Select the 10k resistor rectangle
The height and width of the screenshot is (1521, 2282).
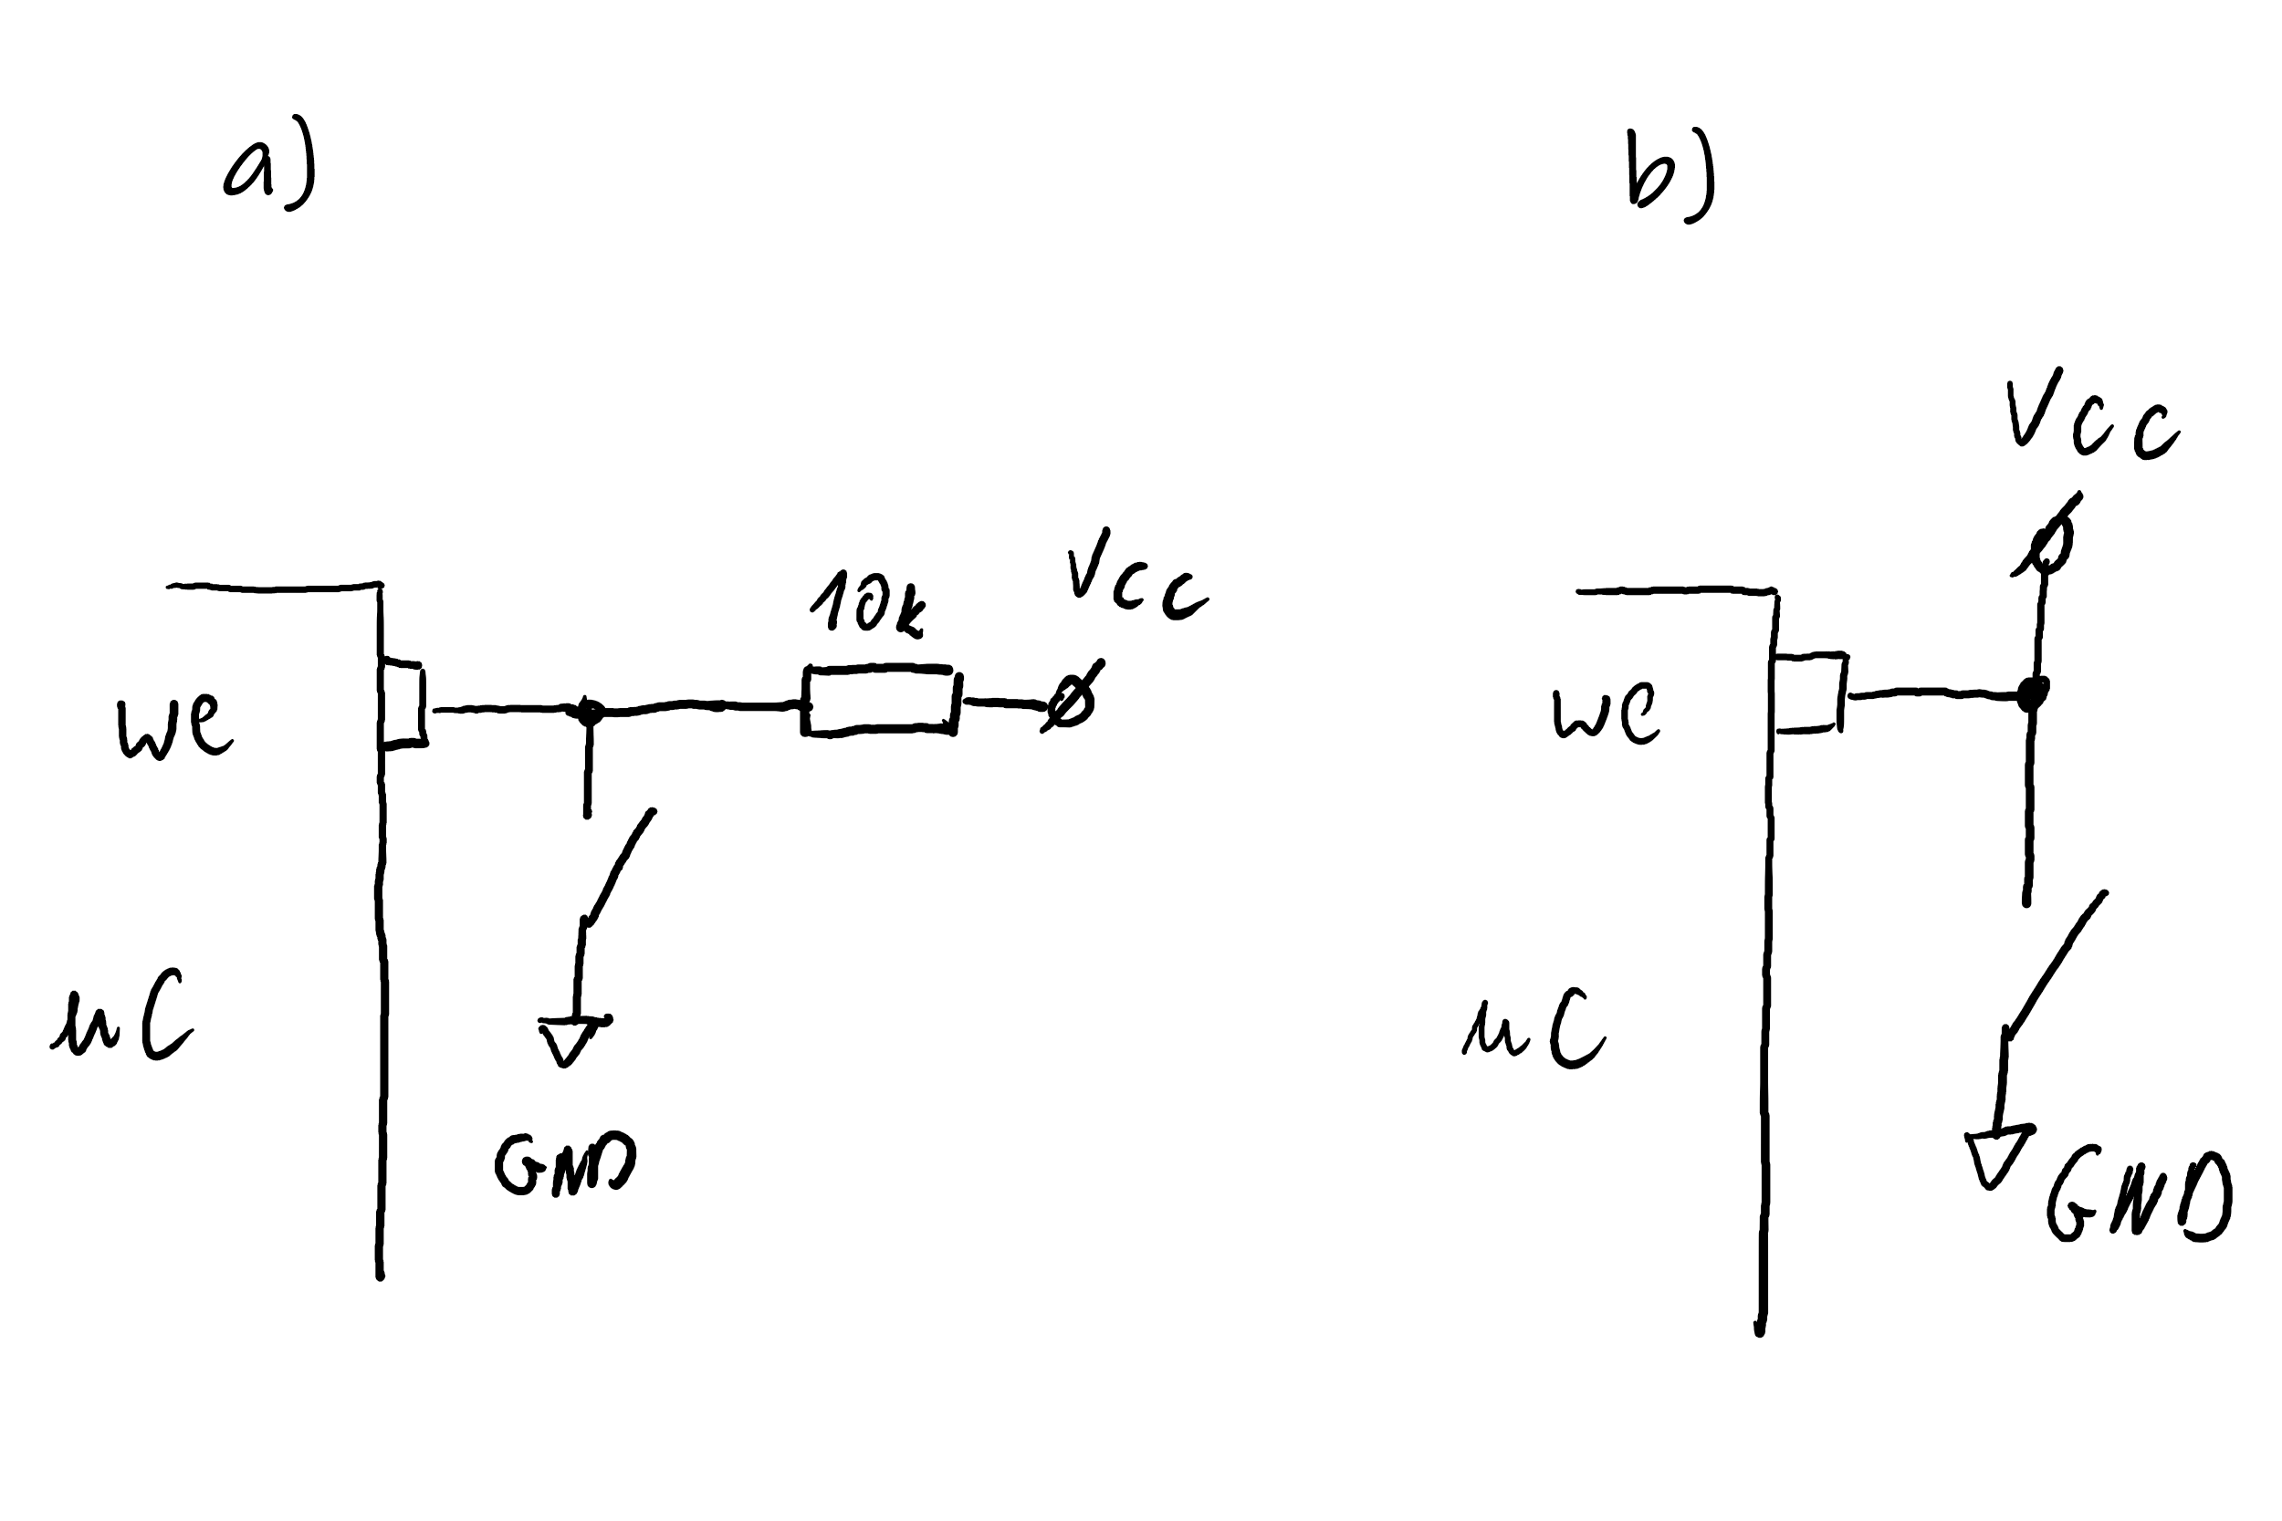click(x=880, y=702)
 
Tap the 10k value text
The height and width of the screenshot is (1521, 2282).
click(x=866, y=603)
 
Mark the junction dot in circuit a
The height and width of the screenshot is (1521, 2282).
click(x=588, y=712)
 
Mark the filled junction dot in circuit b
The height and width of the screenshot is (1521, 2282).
click(x=2032, y=693)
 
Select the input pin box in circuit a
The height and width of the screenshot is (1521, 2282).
click(x=403, y=705)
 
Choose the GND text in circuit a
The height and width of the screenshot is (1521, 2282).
click(x=566, y=1163)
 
